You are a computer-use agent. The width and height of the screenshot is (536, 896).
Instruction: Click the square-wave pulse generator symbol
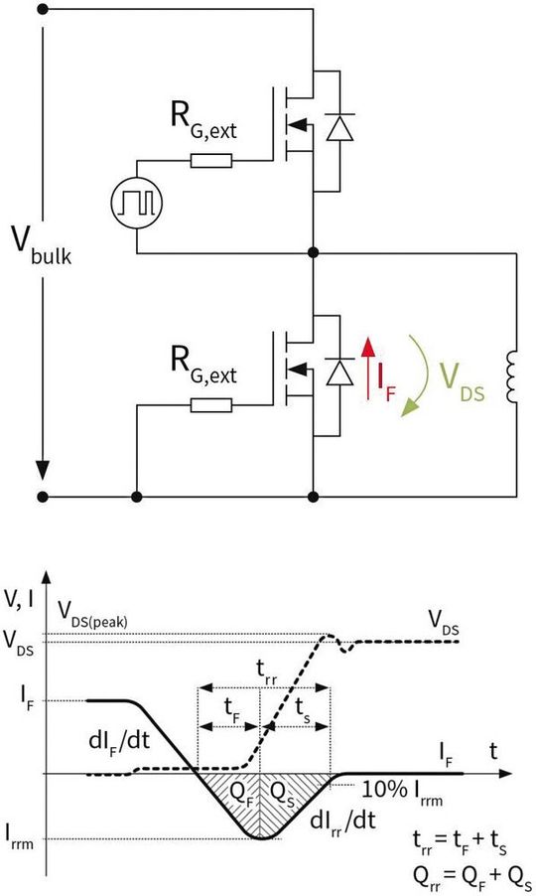pyautogui.click(x=137, y=204)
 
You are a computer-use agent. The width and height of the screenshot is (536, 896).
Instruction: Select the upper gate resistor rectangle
pyautogui.click(x=211, y=160)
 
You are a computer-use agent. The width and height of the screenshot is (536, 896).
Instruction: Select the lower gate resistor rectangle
pyautogui.click(x=211, y=404)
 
